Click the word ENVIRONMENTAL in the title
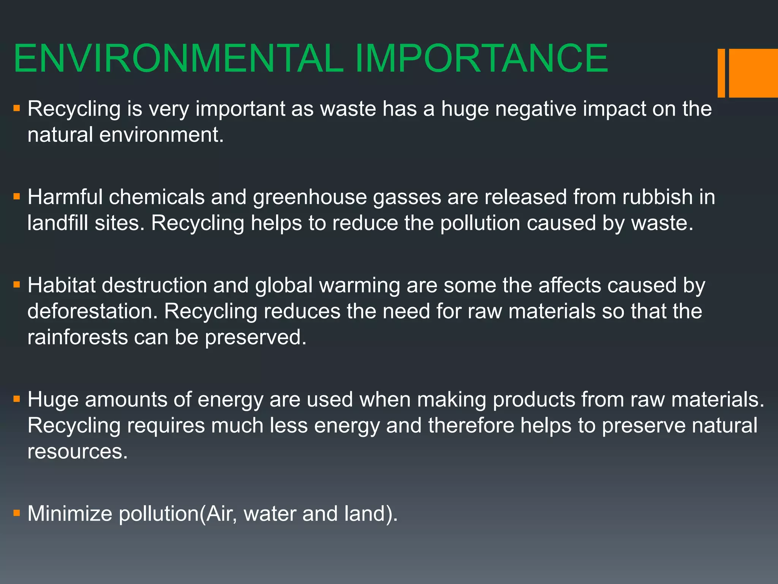coord(179,59)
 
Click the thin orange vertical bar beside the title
coord(721,73)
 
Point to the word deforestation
coord(92,311)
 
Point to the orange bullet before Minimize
coord(16,514)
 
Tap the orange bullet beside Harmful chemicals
coord(16,197)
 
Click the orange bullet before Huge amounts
coord(16,399)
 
